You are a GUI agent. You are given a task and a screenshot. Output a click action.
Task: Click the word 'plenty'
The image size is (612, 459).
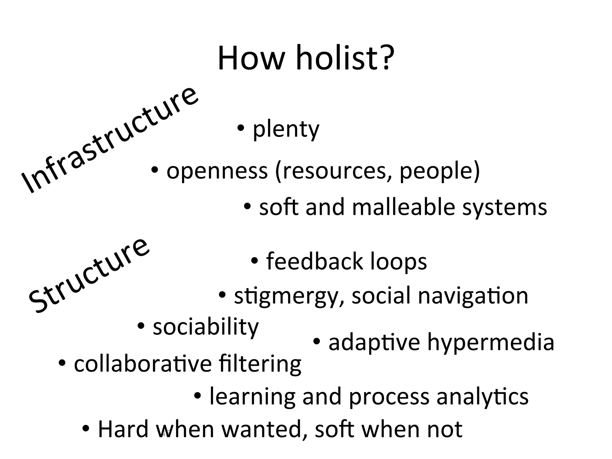coord(286,129)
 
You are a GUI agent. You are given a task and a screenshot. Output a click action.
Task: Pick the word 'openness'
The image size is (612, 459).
coord(217,171)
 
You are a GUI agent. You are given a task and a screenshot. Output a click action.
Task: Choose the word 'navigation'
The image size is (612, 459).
coord(473,296)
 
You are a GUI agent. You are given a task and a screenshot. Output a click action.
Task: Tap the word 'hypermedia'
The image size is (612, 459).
coord(491,342)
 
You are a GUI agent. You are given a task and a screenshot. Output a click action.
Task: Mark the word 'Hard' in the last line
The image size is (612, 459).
coord(123,429)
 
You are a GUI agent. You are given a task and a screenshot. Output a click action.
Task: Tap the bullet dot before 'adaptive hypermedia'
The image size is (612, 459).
coord(317,341)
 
